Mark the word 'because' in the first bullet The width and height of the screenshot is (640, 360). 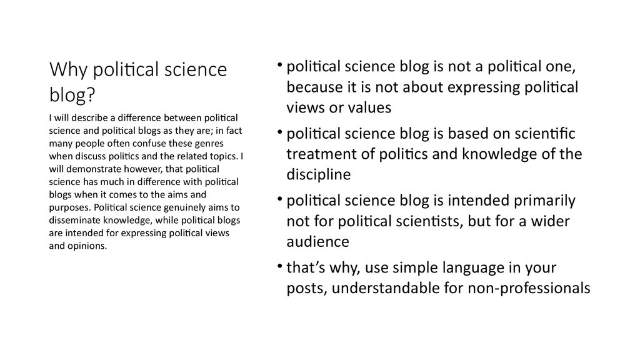314,87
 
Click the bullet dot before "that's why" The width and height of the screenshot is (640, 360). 281,267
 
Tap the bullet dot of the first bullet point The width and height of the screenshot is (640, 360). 281,67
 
